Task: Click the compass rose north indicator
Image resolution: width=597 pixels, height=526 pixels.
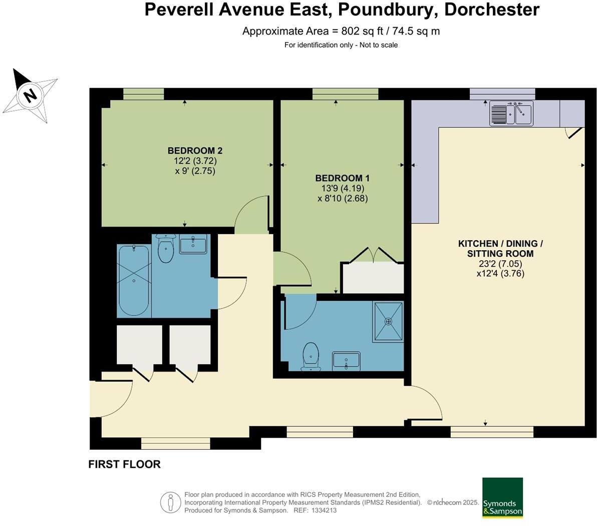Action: [x=30, y=95]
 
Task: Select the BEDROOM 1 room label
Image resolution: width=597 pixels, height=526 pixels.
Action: [x=343, y=178]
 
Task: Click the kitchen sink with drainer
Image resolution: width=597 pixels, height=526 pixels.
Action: [x=511, y=113]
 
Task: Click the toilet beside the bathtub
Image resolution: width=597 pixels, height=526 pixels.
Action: [x=165, y=249]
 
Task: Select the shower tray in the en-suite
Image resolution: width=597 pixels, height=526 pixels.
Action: [x=388, y=321]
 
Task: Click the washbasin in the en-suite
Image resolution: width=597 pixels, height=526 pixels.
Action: [x=346, y=361]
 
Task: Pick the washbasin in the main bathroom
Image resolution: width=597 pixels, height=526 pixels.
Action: [x=193, y=245]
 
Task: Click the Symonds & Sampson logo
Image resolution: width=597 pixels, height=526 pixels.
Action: [x=502, y=497]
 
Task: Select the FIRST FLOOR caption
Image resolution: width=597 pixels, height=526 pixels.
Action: [x=124, y=464]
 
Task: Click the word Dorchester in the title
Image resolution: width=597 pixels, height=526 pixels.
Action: [x=492, y=10]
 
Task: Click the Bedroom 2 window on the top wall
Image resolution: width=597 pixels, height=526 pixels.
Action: [x=144, y=94]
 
